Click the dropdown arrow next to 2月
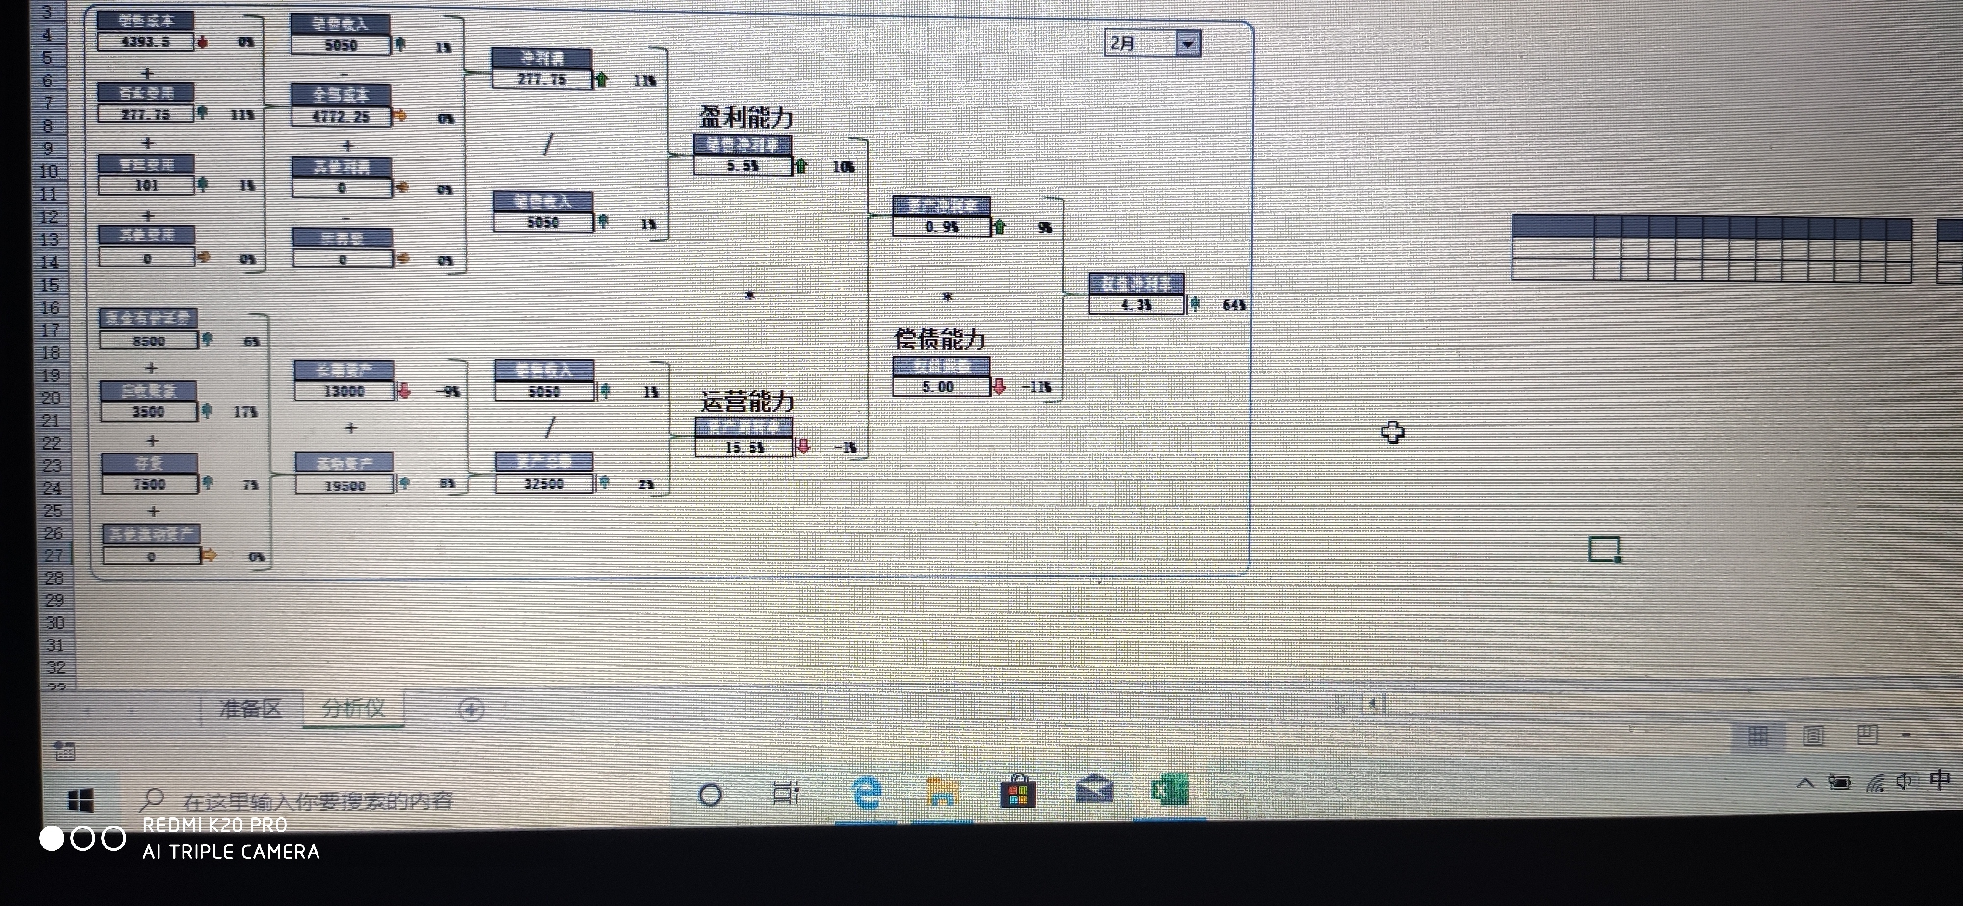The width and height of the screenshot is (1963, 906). pyautogui.click(x=1187, y=44)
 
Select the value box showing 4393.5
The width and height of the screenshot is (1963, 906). pyautogui.click(x=146, y=41)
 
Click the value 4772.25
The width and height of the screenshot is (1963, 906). pyautogui.click(x=341, y=117)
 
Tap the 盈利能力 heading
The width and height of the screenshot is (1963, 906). pyautogui.click(x=746, y=117)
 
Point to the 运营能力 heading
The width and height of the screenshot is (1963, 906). pyautogui.click(x=747, y=401)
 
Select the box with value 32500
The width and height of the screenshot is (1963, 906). pyautogui.click(x=543, y=483)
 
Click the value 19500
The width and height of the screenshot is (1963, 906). pyautogui.click(x=345, y=485)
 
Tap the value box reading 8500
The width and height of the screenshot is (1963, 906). pyautogui.click(x=149, y=341)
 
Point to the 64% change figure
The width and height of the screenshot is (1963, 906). pyautogui.click(x=1234, y=305)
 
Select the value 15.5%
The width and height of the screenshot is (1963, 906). pyautogui.click(x=744, y=447)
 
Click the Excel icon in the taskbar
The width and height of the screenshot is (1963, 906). pyautogui.click(x=1168, y=791)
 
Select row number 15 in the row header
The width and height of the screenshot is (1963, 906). pyautogui.click(x=50, y=285)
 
